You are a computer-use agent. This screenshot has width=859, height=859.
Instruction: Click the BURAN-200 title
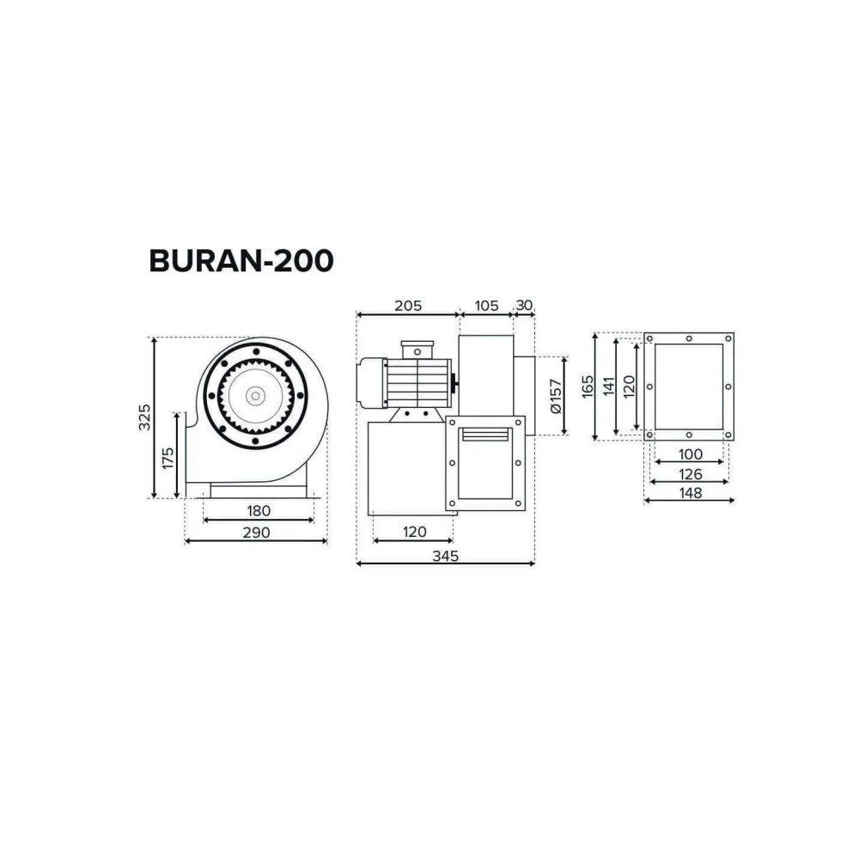click(241, 261)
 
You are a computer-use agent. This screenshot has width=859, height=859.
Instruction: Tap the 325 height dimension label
click(144, 417)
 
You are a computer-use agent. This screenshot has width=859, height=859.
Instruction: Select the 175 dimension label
click(168, 458)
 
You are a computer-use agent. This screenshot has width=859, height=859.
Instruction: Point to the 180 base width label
click(259, 510)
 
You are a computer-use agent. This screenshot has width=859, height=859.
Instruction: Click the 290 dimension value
click(256, 532)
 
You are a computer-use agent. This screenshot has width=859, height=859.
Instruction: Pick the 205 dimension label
click(408, 305)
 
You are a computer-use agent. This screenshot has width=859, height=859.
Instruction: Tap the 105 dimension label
click(486, 305)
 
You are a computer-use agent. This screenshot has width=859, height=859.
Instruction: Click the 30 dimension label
click(524, 305)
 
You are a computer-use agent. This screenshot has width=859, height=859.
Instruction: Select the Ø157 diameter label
click(556, 395)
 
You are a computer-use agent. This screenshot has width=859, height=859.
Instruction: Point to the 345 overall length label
click(445, 556)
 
